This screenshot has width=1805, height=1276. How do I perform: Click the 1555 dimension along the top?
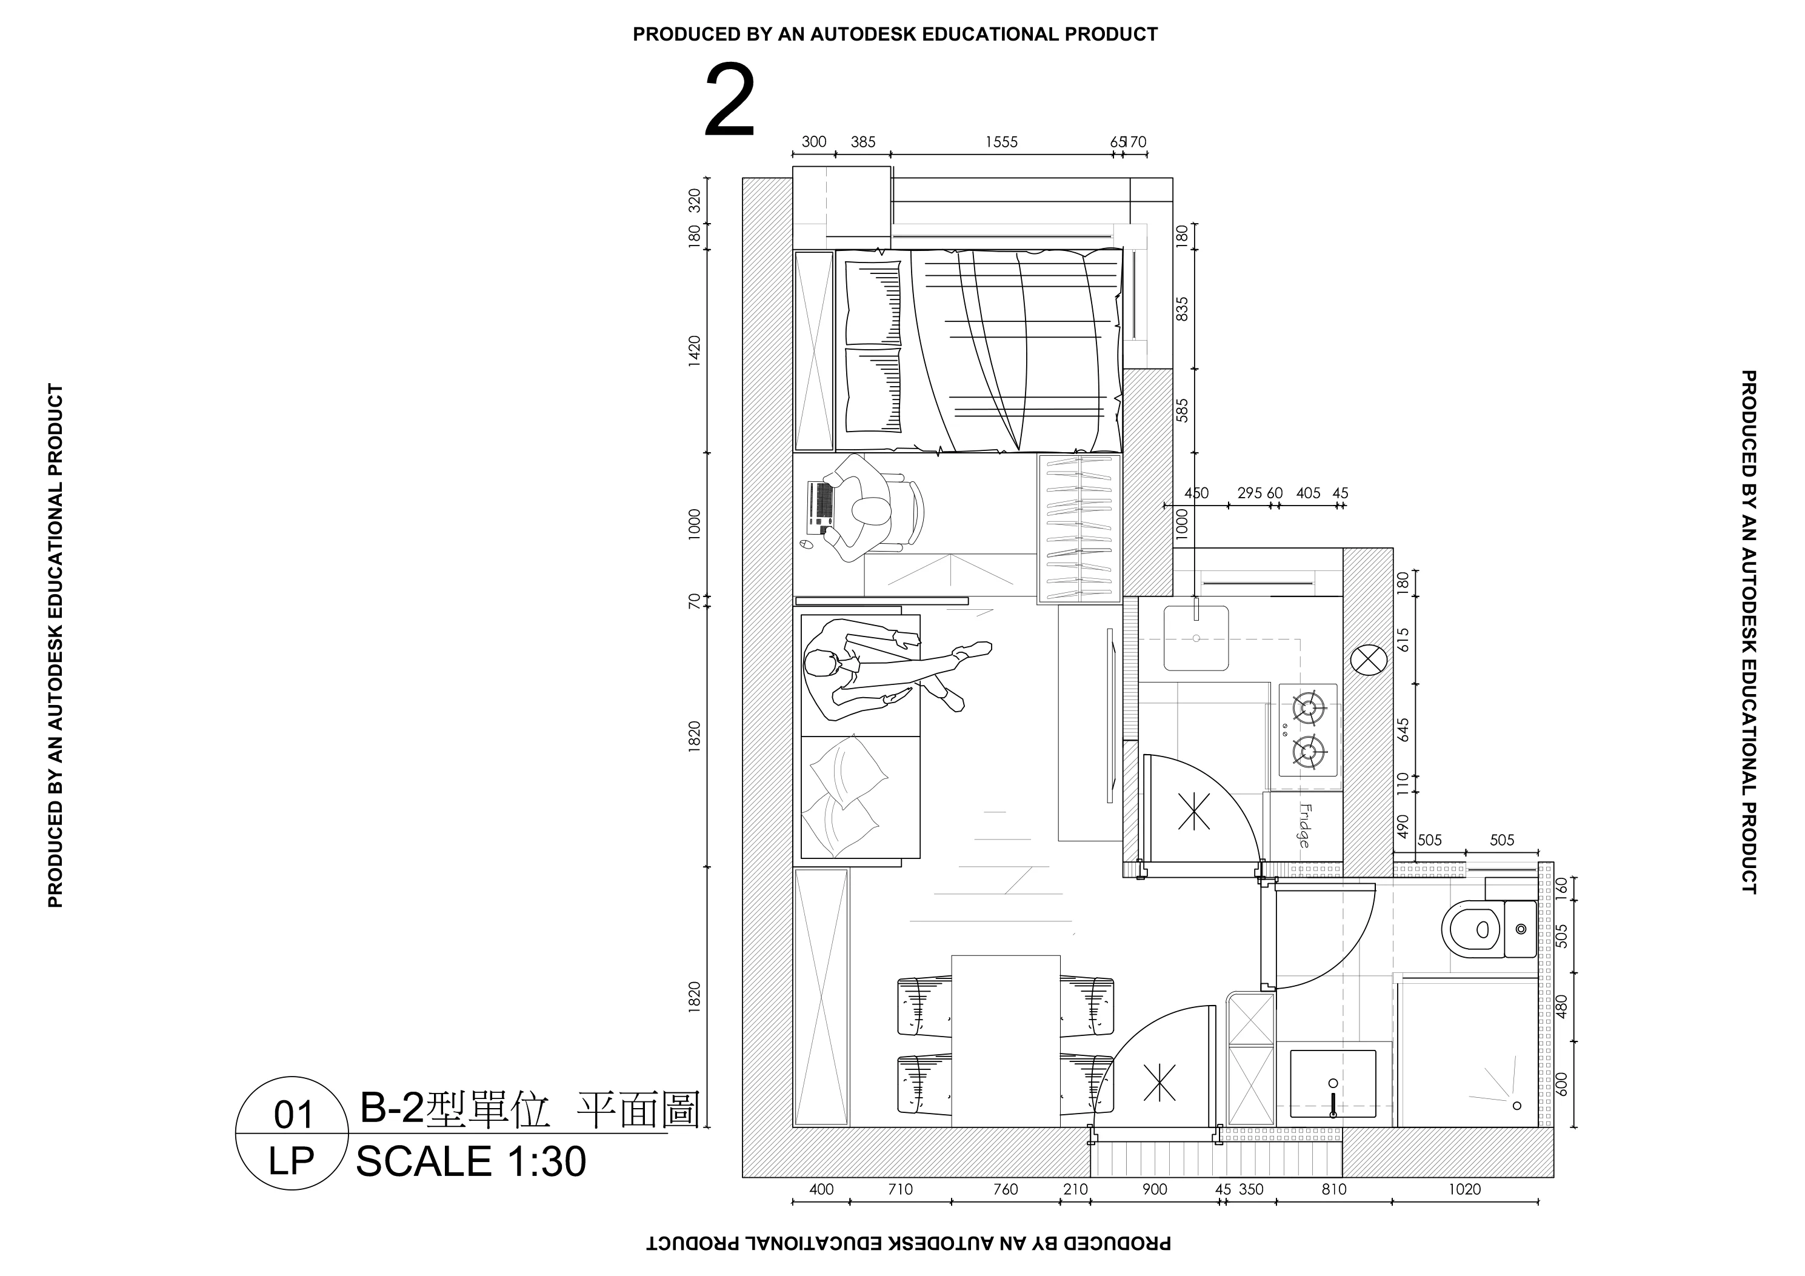pos(1001,142)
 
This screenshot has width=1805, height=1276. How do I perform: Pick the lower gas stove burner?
pos(1308,752)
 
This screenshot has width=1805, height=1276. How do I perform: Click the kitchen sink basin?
pos(1196,638)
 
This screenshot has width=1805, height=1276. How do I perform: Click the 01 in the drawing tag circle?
pos(293,1115)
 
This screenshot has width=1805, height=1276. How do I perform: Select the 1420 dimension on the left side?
pos(694,350)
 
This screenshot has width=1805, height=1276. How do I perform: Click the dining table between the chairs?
pos(1006,1041)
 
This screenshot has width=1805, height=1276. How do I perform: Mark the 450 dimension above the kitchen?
pos(1196,494)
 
